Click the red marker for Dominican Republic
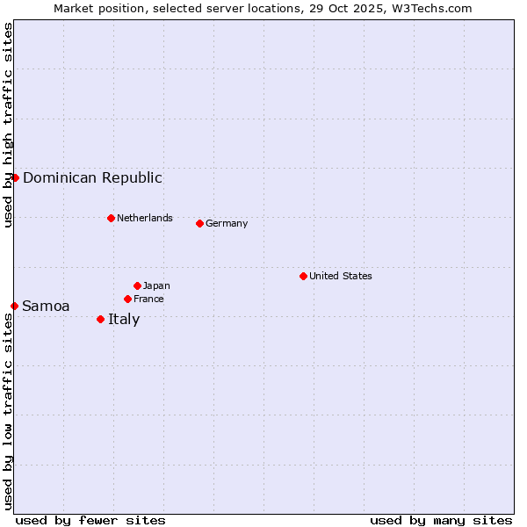point(15,177)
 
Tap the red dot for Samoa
point(14,306)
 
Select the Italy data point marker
point(100,319)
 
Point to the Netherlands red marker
point(111,218)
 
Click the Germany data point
point(199,223)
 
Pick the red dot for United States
point(303,276)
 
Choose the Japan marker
point(137,285)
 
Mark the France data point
point(127,299)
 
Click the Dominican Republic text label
point(92,177)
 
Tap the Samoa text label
point(46,306)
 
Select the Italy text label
point(124,319)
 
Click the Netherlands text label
point(144,218)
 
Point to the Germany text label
point(227,223)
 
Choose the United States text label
point(340,276)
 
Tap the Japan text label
point(156,285)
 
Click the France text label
point(148,299)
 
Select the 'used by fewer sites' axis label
point(90,520)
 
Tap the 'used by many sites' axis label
point(441,520)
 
